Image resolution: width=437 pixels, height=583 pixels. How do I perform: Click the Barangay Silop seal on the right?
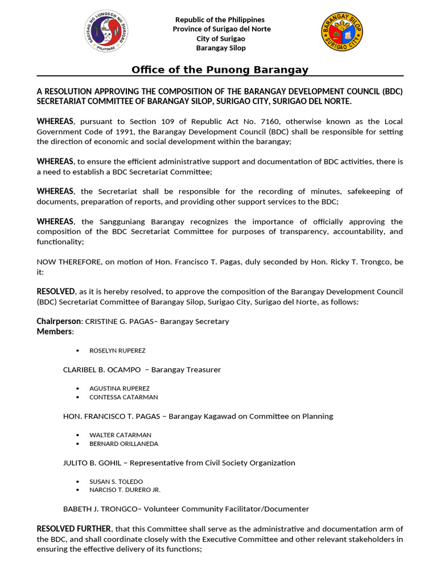point(342,33)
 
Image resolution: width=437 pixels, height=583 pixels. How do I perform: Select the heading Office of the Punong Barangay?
point(220,69)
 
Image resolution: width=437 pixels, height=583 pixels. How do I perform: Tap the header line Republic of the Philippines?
point(220,20)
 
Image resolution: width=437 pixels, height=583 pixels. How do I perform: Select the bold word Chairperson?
point(59,321)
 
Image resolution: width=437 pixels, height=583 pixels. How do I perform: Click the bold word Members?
point(55,331)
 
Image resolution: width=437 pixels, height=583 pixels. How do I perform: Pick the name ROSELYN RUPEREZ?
point(117,350)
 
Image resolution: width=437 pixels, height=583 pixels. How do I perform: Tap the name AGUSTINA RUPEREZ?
point(119,388)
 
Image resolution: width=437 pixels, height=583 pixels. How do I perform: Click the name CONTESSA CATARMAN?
point(123,397)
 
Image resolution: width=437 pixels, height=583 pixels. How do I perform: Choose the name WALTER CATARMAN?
point(120,435)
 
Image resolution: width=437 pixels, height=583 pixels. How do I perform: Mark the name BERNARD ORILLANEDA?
point(123,444)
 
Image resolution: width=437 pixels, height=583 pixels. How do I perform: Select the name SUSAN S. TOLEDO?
point(116,482)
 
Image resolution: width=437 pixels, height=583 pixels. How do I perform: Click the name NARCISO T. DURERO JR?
point(125,490)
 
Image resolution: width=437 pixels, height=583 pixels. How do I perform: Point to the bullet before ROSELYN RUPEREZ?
point(77,350)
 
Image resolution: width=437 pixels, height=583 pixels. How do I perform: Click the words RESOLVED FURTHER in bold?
point(74,529)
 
